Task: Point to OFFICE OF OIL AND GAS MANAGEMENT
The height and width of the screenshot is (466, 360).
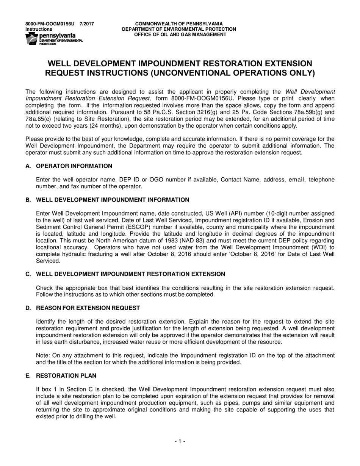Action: click(179, 34)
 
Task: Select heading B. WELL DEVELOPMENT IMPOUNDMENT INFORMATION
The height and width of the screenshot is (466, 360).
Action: click(107, 200)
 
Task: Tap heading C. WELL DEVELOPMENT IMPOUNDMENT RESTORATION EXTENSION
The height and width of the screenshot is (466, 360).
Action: click(125, 274)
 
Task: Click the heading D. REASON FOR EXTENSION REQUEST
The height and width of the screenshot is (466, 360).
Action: click(83, 308)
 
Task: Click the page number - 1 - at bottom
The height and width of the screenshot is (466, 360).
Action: click(180, 441)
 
